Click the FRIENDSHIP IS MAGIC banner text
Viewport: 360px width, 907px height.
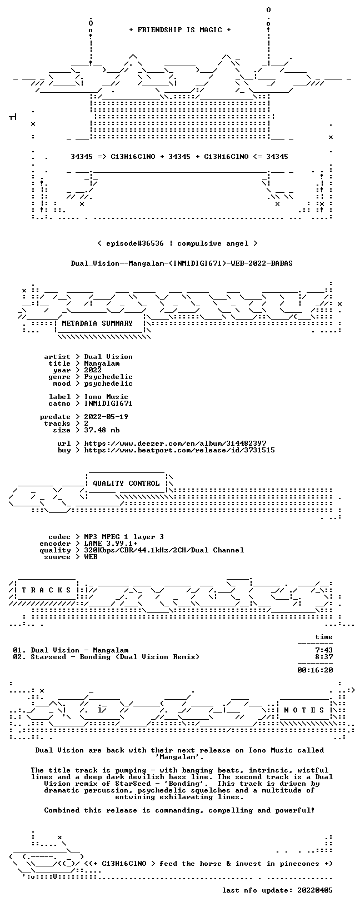(180, 30)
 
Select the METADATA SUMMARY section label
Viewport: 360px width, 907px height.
(97, 323)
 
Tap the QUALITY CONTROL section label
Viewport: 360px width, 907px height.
(126, 484)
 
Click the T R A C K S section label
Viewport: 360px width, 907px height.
(47, 590)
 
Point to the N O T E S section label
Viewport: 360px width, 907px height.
(304, 710)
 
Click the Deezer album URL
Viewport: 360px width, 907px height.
(176, 443)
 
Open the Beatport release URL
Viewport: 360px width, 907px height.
(179, 450)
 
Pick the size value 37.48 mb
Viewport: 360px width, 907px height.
(102, 430)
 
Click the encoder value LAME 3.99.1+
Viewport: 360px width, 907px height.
(111, 544)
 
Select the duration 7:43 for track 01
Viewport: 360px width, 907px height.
(324, 650)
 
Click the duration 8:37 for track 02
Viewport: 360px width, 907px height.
(324, 657)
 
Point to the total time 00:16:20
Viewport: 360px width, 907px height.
(315, 670)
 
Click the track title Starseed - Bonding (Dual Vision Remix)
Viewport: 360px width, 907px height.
(115, 657)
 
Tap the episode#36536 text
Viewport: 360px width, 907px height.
(135, 243)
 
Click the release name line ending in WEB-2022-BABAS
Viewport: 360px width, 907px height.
(182, 263)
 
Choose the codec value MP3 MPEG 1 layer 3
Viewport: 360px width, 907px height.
(124, 537)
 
